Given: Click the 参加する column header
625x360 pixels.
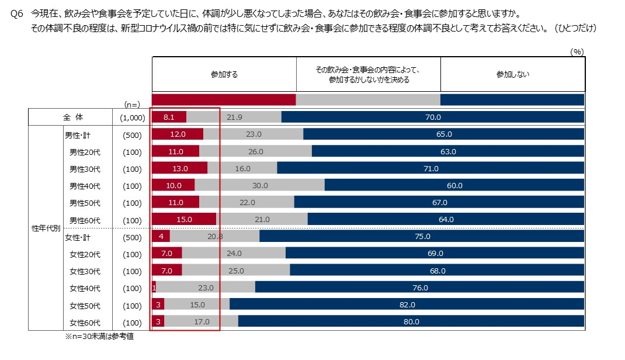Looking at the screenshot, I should [x=224, y=75].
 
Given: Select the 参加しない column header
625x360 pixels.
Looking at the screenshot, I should [x=512, y=75].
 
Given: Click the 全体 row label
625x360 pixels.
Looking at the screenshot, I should [x=74, y=117].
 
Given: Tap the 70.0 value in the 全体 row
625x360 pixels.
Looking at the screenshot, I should [x=433, y=117].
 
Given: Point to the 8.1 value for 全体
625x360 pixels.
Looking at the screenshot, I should [x=169, y=117].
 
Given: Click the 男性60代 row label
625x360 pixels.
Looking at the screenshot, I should [x=85, y=220].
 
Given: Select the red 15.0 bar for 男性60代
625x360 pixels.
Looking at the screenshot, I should [x=183, y=220].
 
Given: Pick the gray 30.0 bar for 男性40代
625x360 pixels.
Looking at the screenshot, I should [x=259, y=186].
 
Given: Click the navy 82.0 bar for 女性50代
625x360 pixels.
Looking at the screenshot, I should [x=407, y=305].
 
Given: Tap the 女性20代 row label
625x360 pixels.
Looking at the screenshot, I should [x=85, y=254].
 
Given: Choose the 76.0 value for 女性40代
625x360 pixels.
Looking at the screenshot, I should [x=420, y=288].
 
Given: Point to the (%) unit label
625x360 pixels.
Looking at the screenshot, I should [x=577, y=51].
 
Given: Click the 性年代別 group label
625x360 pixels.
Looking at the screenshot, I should [x=46, y=228].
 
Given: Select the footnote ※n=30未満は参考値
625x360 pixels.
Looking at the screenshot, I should [x=99, y=337].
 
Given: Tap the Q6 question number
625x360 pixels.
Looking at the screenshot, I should [x=16, y=13].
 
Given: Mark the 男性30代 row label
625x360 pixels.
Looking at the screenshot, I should [x=85, y=169].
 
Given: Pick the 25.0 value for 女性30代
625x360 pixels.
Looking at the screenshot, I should [x=235, y=271].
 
